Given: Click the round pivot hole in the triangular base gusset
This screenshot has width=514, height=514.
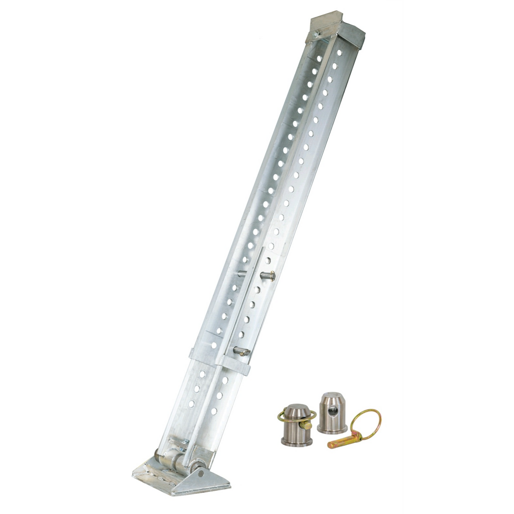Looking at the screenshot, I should [202, 474].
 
